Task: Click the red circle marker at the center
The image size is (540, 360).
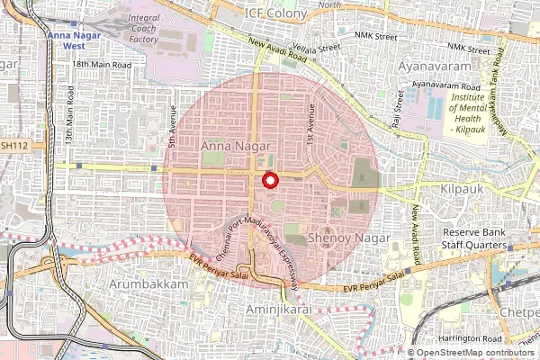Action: pos(268,181)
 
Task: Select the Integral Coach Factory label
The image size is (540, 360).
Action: pos(143,28)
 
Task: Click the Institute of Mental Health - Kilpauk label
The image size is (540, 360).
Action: pos(472,114)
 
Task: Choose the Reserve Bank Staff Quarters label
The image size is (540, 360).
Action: pos(477,238)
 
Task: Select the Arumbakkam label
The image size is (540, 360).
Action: pos(147,283)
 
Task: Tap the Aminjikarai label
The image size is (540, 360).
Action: pos(285,308)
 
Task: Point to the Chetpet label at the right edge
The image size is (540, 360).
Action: pos(520,312)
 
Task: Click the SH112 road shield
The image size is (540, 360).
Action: pos(14,144)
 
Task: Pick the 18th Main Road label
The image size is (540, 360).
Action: pos(103,65)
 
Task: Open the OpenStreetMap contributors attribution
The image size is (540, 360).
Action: pos(478,353)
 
